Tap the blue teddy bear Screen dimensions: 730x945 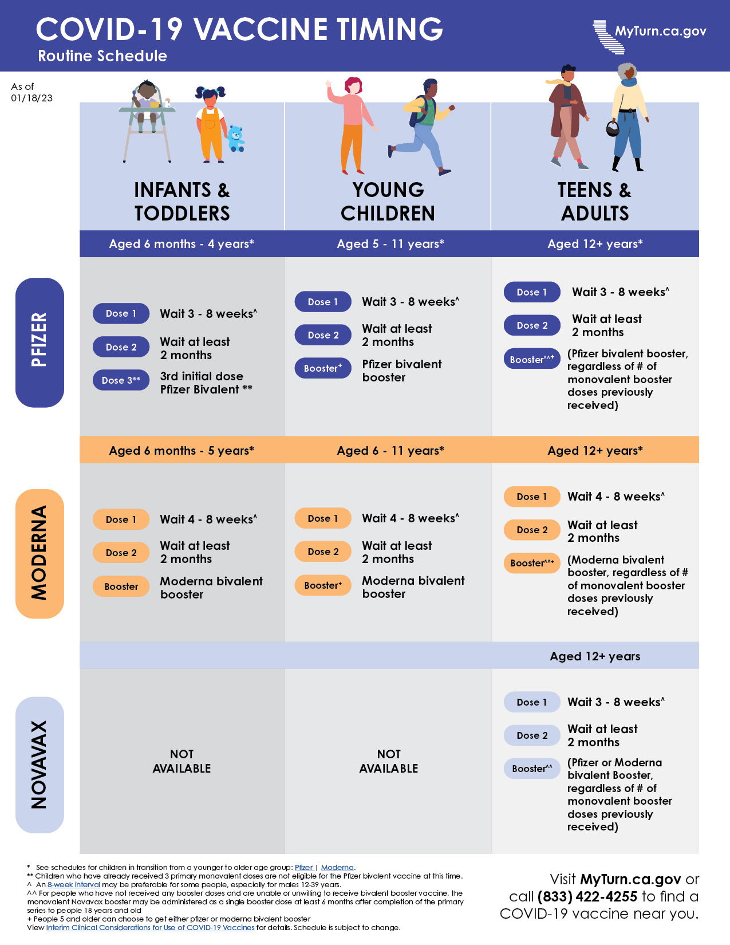tap(235, 139)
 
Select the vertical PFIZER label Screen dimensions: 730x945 tap(40, 342)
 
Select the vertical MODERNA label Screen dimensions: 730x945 tap(40, 553)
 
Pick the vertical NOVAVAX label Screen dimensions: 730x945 tap(40, 765)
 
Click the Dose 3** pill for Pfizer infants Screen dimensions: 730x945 tap(121, 380)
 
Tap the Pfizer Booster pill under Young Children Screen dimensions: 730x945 tap(323, 368)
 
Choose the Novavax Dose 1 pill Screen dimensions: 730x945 tap(532, 702)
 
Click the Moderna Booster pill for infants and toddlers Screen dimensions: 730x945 tap(121, 586)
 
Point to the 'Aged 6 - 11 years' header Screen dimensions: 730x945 tap(390, 451)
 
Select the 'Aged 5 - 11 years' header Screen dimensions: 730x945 tap(390, 244)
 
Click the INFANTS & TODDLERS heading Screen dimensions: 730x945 tap(182, 202)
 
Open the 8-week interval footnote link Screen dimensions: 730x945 tap(74, 885)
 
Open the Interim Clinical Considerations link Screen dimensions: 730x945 tap(150, 928)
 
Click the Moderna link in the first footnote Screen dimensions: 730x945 tap(337, 868)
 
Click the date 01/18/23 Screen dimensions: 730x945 tap(31, 98)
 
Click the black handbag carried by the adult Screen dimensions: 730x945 tap(612, 128)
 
